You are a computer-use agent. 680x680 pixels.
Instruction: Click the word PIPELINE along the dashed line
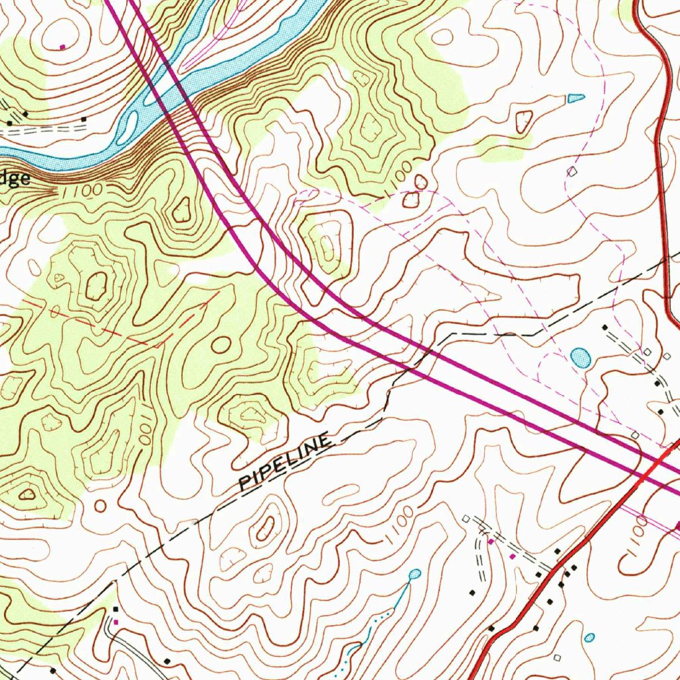[285, 462]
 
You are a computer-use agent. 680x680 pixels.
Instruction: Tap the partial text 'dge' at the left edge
[15, 179]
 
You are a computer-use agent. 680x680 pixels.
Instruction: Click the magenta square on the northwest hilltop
[62, 46]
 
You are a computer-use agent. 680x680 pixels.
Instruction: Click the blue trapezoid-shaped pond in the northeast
[576, 98]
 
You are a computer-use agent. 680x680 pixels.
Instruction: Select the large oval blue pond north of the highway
[580, 358]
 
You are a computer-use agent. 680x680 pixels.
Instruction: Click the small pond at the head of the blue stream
[414, 574]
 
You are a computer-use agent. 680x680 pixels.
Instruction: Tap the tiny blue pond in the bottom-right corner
[590, 637]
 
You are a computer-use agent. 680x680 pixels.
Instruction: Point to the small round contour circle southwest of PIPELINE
[100, 506]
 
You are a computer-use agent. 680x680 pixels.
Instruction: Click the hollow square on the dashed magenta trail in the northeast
[572, 172]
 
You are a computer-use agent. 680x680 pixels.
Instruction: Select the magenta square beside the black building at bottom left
[116, 622]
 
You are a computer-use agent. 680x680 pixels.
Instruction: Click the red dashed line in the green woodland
[133, 332]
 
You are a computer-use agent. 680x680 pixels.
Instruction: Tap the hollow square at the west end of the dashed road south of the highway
[466, 518]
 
